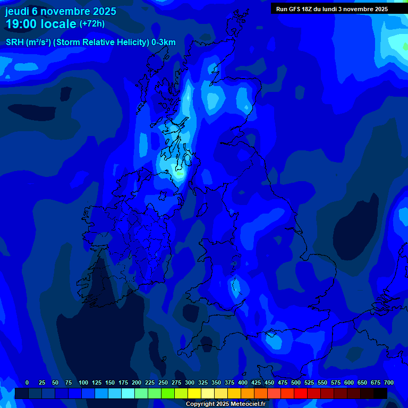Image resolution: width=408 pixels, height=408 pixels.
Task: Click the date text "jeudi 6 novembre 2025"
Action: pos(61,11)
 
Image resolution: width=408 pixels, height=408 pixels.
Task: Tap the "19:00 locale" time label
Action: pos(40,23)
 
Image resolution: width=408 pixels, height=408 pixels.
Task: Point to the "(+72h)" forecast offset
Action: pos(92,24)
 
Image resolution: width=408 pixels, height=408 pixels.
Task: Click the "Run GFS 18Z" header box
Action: pos(331,9)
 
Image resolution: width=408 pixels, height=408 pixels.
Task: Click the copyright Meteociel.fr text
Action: pos(225,404)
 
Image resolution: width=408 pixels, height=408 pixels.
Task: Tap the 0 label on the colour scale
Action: pos(27,382)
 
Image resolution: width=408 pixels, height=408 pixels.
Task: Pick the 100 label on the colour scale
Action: pos(83,382)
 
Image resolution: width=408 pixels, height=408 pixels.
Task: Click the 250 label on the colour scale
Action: pos(163,382)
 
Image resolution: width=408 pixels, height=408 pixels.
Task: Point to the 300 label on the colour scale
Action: pos(190,382)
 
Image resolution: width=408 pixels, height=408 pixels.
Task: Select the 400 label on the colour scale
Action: pos(243,382)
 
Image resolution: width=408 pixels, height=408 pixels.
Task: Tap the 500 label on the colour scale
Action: pos(296,382)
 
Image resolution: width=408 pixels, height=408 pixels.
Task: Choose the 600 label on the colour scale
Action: pos(349,382)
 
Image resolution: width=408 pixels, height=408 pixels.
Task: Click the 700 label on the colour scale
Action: pos(389,382)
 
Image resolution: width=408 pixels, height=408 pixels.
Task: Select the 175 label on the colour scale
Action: pos(123,382)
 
